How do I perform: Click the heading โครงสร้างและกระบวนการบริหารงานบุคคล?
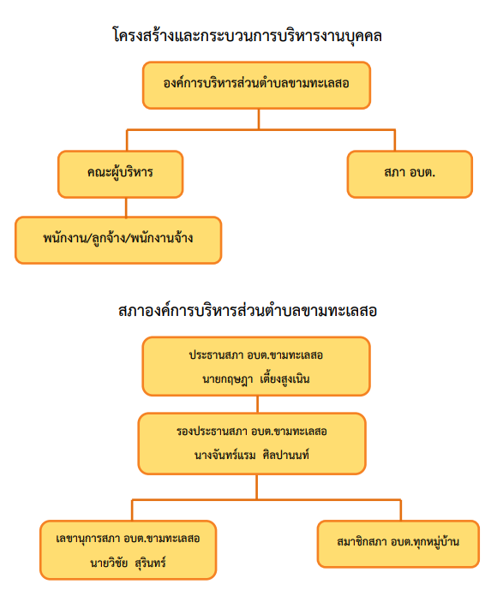point(248,36)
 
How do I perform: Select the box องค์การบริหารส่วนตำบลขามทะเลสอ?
point(256,86)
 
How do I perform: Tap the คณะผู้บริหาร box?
point(121,174)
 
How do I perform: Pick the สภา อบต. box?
point(410,174)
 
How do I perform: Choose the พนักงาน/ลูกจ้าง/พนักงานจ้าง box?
point(118,240)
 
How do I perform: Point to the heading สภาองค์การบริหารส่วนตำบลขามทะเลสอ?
point(248,311)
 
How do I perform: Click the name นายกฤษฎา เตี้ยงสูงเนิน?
point(256,378)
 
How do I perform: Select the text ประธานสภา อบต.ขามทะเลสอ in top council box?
point(256,355)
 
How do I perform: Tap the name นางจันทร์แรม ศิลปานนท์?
point(252,455)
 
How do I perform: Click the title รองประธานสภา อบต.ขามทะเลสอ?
point(252,432)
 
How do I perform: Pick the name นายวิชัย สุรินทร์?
point(128,563)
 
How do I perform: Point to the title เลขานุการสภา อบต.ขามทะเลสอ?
point(128,539)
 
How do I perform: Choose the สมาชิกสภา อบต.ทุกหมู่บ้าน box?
point(398,544)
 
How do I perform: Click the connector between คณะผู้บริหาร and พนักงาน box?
point(126,207)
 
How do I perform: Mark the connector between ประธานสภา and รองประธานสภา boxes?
point(258,404)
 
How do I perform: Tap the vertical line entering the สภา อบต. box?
point(395,140)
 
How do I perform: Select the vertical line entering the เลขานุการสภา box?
point(132,510)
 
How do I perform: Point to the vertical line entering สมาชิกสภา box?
point(401,510)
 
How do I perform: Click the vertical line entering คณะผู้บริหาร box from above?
point(127,140)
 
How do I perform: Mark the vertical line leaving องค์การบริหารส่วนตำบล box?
point(259,119)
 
